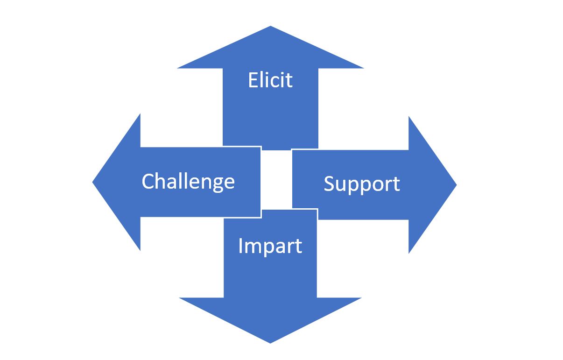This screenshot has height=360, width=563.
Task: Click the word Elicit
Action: point(270,80)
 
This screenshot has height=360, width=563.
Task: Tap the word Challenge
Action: point(188,181)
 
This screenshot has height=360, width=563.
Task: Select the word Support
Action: point(362,184)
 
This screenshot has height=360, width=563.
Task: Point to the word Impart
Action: point(270,246)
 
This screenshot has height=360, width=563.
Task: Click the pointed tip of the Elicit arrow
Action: point(270,27)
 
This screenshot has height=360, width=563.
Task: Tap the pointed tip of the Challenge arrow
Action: point(93,182)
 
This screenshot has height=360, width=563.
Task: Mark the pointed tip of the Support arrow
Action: point(455,184)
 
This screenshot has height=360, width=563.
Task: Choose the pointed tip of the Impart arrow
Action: point(270,342)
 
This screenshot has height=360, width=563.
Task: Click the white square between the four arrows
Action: point(276,179)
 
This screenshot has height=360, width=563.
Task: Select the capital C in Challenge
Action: point(148,181)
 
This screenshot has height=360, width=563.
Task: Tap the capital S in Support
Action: point(330,184)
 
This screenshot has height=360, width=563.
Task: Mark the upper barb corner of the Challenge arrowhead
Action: point(140,114)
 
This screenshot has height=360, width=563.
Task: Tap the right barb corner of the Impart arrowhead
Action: point(361,298)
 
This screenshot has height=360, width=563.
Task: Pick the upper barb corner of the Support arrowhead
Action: point(409,117)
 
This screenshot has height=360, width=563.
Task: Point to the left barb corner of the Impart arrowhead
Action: point(180,298)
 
